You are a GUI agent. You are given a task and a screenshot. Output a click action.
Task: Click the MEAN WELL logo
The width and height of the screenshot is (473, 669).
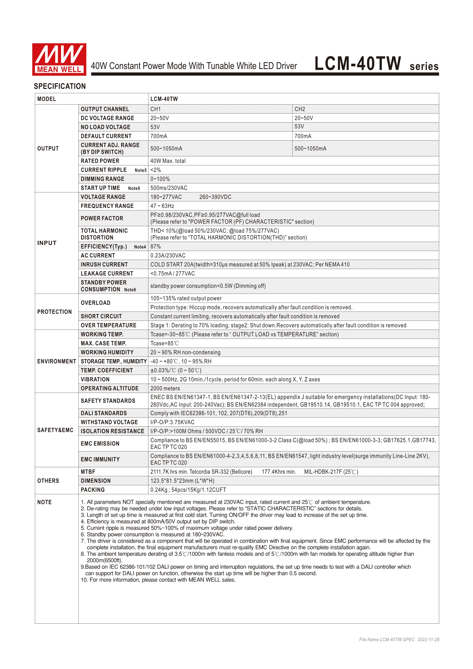pos(59,60)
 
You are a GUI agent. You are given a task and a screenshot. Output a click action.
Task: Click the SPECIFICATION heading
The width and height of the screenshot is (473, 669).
pos(60,86)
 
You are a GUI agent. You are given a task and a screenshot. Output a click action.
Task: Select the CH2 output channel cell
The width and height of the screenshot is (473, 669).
pos(300,109)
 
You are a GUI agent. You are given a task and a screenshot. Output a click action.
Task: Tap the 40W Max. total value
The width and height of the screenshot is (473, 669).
pos(168,161)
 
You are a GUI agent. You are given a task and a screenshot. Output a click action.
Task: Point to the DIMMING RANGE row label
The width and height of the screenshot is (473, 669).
pos(102,179)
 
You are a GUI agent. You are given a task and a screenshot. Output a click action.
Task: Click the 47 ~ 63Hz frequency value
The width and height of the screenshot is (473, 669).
pos(162,206)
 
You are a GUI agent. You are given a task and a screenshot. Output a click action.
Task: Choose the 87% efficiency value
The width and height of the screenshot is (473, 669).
pos(155,247)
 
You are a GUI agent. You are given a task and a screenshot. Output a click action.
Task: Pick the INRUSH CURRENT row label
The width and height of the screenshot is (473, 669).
pos(104,265)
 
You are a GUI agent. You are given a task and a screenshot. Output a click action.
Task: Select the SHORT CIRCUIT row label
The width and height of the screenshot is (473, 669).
pos(101,316)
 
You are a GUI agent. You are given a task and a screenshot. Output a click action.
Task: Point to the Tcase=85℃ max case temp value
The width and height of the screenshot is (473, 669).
pos(165,343)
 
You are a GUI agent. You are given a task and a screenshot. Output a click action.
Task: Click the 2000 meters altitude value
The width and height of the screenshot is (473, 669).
pos(165,388)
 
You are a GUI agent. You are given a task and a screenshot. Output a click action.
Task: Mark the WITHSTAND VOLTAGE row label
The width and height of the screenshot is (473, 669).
pos(109,422)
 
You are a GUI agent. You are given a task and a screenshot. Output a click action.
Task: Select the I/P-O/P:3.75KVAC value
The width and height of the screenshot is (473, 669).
pos(172,422)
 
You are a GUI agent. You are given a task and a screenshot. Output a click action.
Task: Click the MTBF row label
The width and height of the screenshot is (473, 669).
pos(88,472)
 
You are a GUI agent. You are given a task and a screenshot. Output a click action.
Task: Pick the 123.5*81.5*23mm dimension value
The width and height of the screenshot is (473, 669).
pos(182,481)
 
